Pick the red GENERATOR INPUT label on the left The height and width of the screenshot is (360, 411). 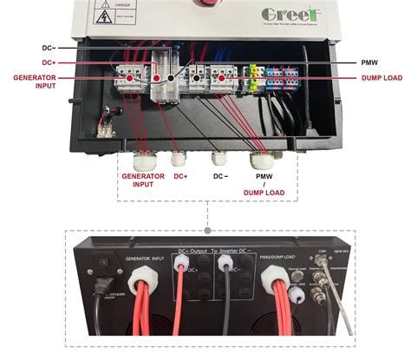32,82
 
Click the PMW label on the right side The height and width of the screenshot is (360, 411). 372,63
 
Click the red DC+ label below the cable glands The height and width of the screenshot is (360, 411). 180,176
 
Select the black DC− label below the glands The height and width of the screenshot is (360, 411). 221,176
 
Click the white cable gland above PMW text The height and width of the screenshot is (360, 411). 258,161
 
